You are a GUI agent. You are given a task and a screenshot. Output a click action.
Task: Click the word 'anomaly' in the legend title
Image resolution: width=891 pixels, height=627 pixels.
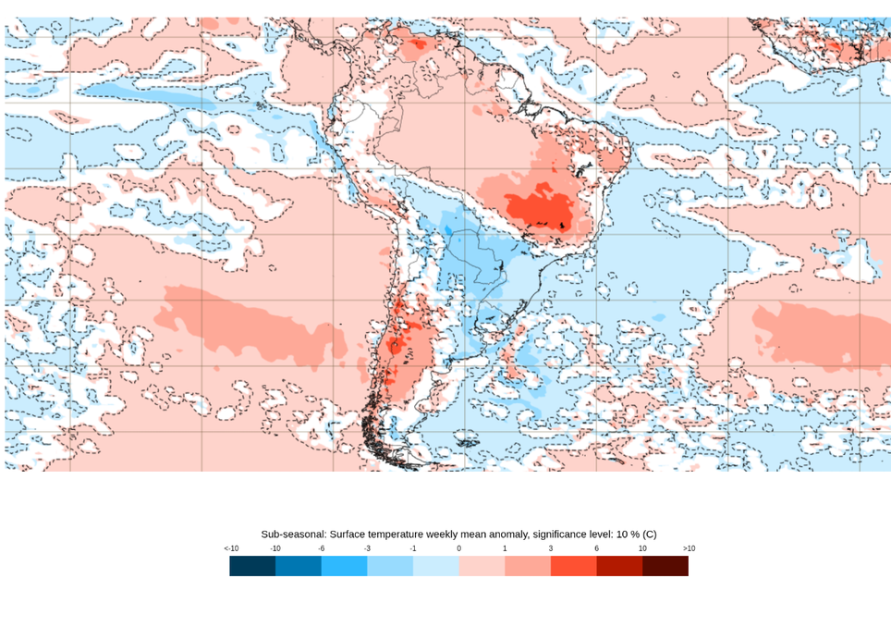tap(493, 535)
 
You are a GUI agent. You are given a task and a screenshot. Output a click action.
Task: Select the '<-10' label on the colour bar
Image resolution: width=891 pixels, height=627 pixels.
tap(231, 548)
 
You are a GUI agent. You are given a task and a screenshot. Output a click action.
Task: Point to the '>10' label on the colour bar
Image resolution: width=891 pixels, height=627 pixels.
tap(689, 548)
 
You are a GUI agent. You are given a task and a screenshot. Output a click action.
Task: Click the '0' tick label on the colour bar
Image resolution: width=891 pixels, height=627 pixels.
tap(458, 548)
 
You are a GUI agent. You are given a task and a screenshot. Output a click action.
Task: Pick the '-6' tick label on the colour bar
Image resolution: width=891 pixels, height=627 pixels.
tap(321, 548)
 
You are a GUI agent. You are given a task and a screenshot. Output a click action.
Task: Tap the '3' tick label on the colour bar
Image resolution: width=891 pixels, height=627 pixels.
tap(551, 548)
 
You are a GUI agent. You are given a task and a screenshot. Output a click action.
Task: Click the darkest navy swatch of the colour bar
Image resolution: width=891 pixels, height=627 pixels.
tap(252, 566)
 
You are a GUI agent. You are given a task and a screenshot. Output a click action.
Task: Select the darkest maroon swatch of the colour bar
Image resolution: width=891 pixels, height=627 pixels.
tap(665, 566)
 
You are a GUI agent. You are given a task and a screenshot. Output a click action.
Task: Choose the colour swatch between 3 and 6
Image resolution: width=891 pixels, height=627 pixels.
tap(573, 566)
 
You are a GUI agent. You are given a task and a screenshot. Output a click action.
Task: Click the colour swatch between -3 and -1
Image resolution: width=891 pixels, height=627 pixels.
tap(390, 566)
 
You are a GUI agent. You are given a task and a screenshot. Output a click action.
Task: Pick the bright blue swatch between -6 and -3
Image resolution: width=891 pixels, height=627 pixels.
tap(344, 566)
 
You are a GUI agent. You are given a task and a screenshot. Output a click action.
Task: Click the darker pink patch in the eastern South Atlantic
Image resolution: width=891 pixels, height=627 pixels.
tap(818, 333)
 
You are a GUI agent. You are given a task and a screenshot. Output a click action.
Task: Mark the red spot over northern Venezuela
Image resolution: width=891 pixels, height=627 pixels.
tap(416, 43)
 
